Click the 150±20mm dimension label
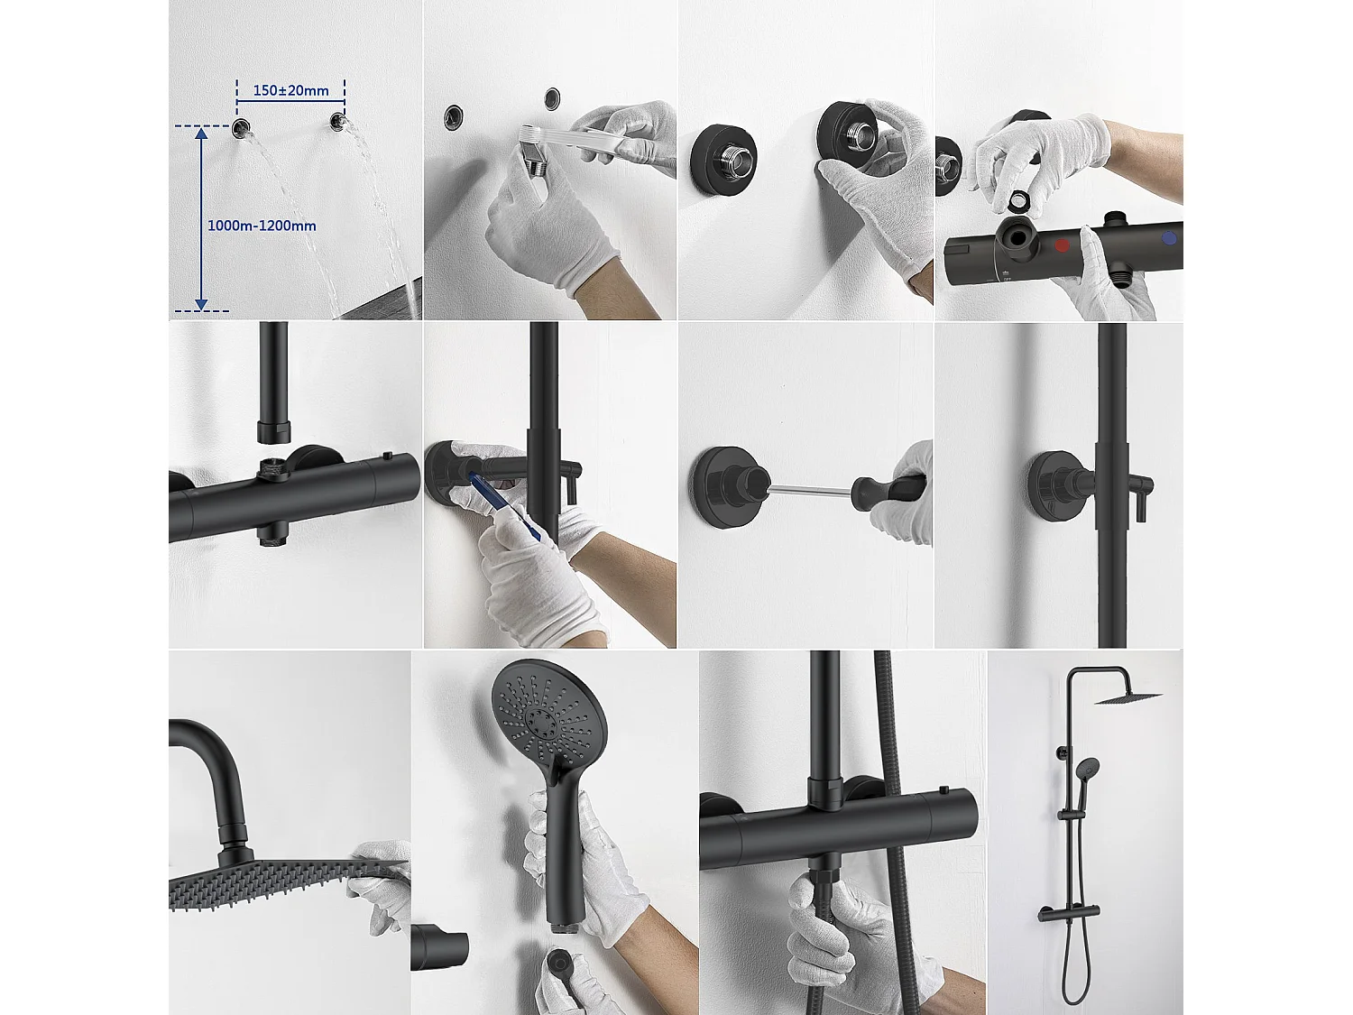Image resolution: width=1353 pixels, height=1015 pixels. (x=290, y=90)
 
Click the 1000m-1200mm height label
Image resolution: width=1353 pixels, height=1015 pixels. (x=262, y=226)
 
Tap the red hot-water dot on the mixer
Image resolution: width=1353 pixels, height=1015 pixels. (x=1063, y=245)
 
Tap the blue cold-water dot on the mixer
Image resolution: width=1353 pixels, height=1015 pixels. (x=1169, y=238)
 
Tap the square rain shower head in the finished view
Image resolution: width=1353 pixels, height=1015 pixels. (x=1128, y=697)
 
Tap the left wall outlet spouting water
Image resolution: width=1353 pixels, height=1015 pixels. (x=241, y=127)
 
